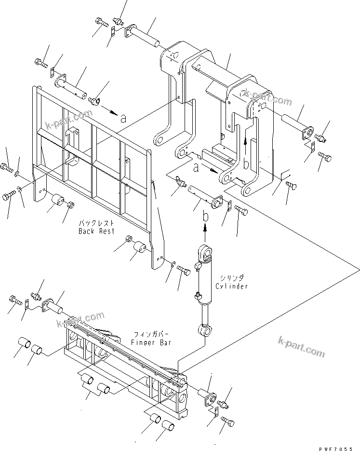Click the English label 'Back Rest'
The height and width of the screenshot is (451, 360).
coord(96,231)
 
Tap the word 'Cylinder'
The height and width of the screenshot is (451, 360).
coord(232,286)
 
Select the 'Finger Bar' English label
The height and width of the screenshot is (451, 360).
coord(151,342)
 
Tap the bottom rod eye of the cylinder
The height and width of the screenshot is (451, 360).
coord(205,329)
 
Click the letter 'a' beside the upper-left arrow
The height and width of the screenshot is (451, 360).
coord(123,118)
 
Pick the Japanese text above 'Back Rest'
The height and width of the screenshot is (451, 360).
coord(96,223)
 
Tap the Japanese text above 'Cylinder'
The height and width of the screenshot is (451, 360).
coord(232,278)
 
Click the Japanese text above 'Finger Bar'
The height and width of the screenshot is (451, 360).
coord(151,335)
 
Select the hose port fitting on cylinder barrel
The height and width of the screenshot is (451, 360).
coord(197,295)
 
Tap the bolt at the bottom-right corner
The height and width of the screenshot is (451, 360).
coord(228,422)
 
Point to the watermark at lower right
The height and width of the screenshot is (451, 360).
coord(301,347)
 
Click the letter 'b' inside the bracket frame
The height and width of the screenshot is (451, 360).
coord(246,164)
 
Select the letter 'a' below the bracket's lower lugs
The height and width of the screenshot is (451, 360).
coord(196,167)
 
